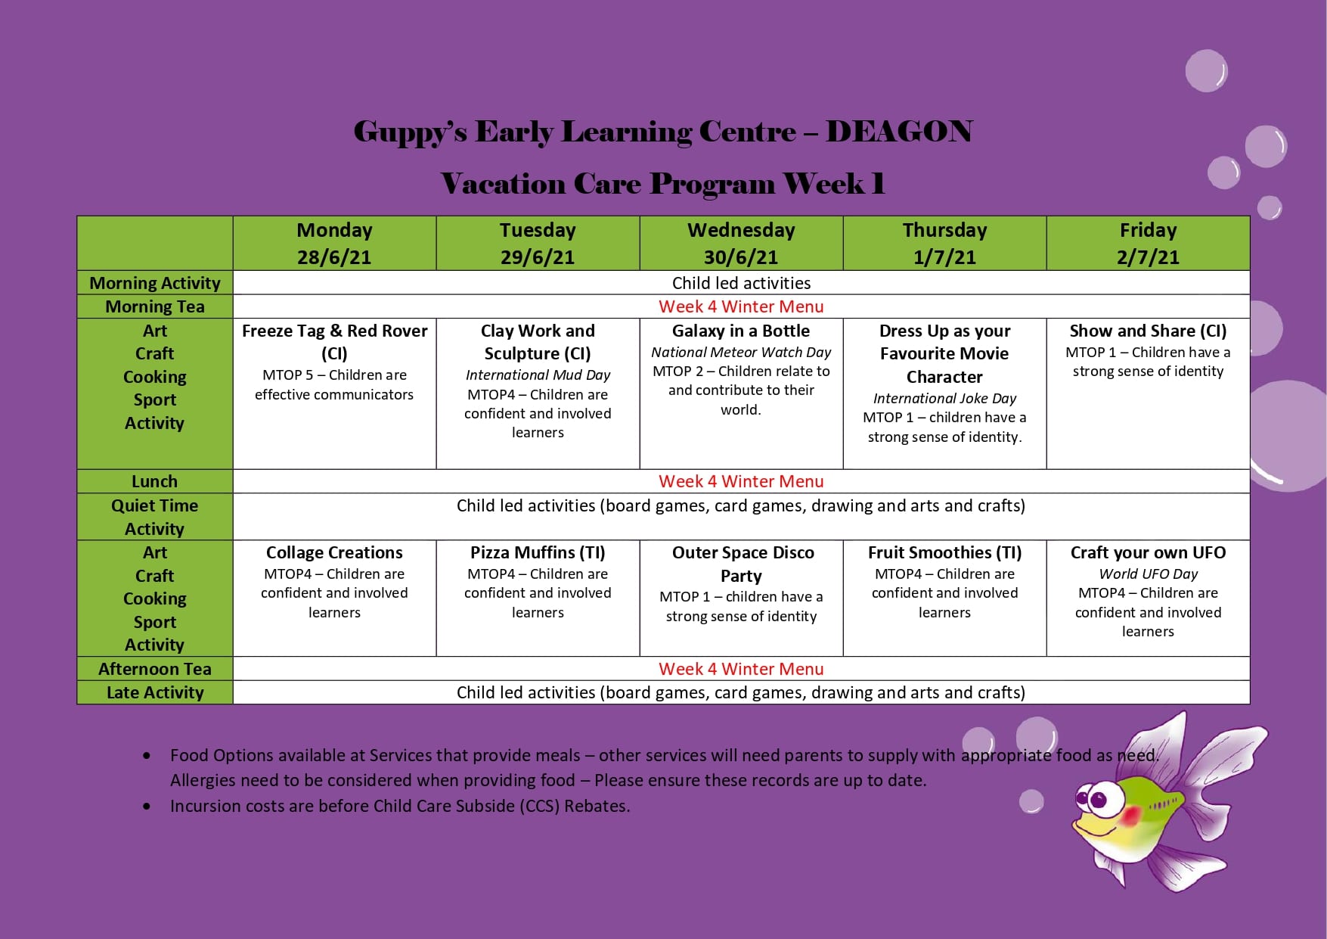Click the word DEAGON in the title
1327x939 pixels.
[x=898, y=132]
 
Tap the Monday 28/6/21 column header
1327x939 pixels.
[x=334, y=243]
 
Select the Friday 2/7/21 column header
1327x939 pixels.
[x=1148, y=243]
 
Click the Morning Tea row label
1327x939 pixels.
[x=155, y=306]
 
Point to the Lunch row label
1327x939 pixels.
[x=155, y=481]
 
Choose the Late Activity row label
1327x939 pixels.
[x=155, y=692]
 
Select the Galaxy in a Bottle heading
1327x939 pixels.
[x=741, y=331]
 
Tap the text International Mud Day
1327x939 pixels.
[x=538, y=375]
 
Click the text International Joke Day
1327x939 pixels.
[x=944, y=398]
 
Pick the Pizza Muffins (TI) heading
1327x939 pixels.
[x=538, y=552]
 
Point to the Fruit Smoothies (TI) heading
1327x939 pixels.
[x=944, y=552]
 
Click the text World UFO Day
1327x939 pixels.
[x=1148, y=574]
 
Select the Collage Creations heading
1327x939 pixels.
[x=334, y=552]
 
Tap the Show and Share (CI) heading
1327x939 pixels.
[x=1148, y=331]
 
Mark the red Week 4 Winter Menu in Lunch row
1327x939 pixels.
[x=741, y=481]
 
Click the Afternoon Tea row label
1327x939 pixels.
[x=155, y=669]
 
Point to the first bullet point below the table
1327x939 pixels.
[x=147, y=756]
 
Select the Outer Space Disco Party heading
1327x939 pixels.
[x=742, y=564]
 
